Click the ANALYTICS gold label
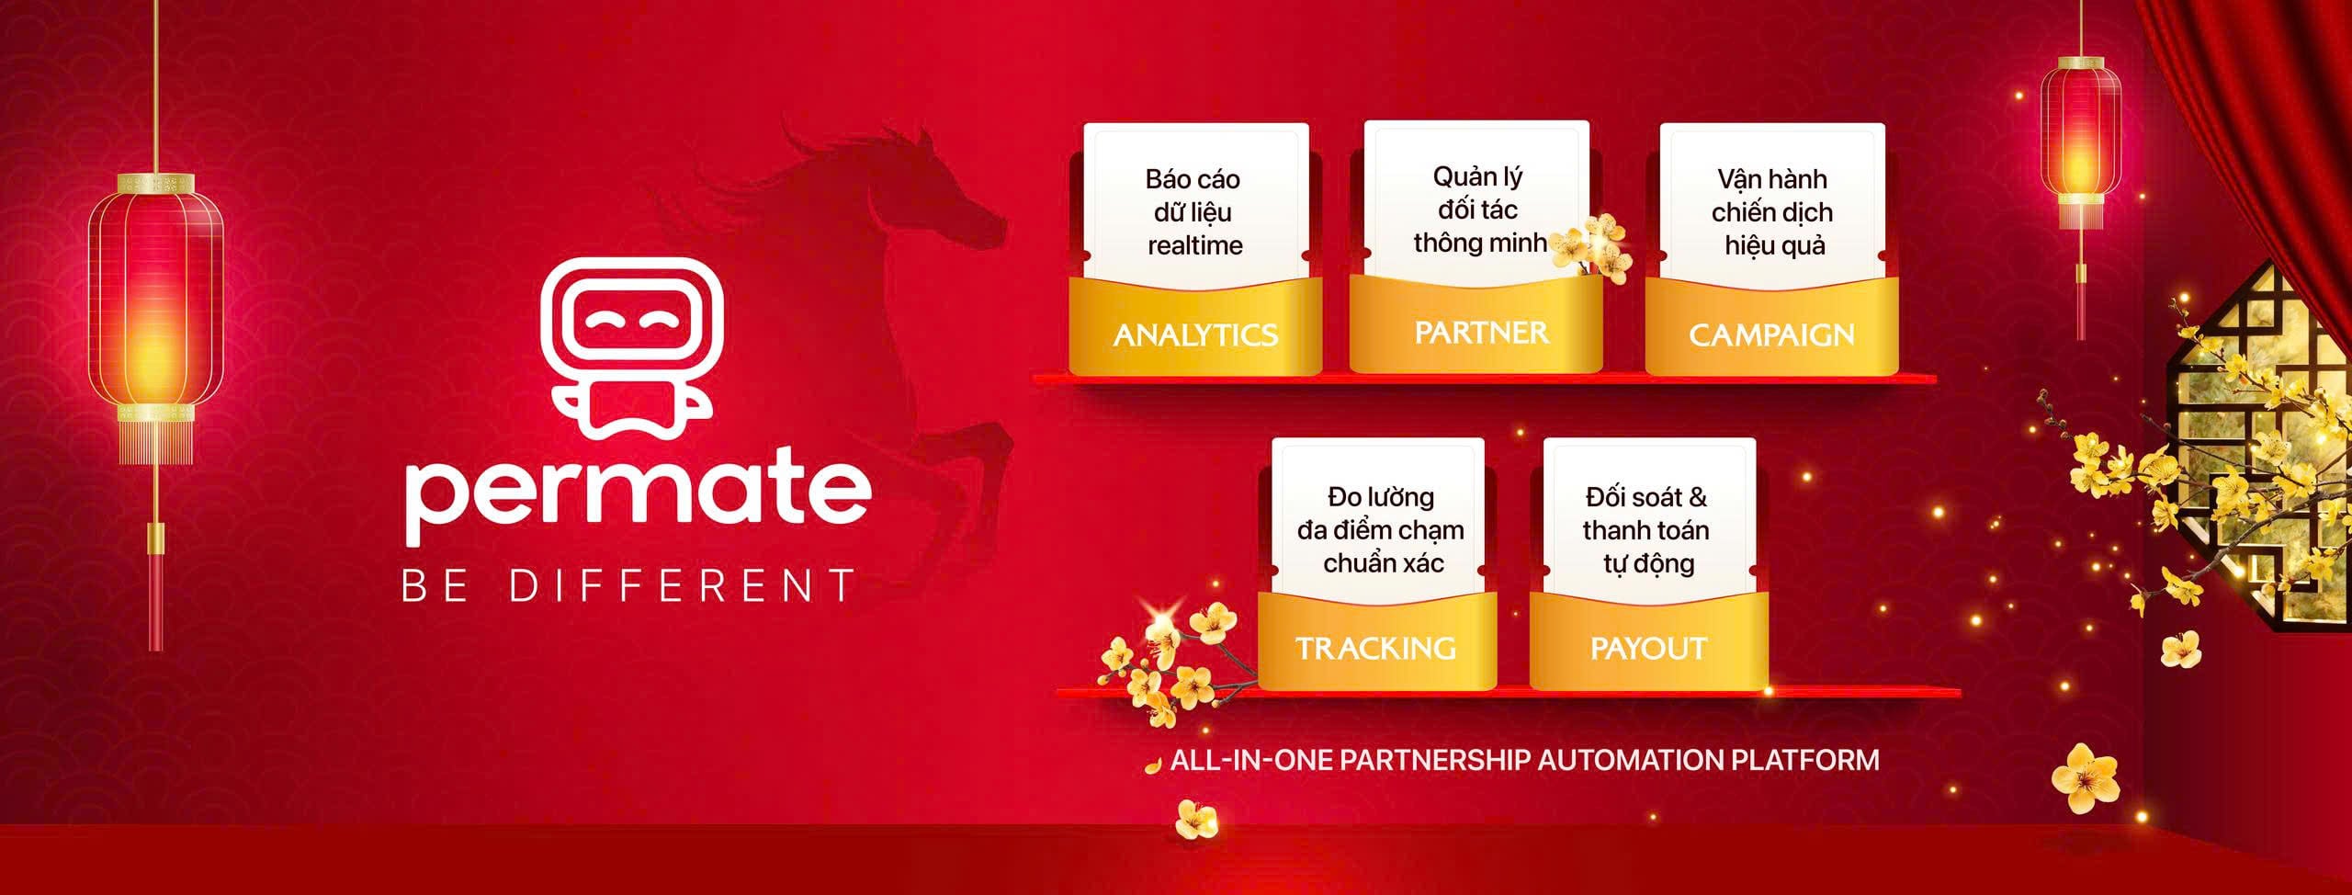(1195, 334)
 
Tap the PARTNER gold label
(1481, 332)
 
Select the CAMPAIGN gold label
(1771, 334)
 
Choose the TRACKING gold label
(1375, 649)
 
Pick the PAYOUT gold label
(1648, 649)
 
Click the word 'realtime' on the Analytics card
(1194, 245)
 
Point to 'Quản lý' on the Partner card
(1477, 177)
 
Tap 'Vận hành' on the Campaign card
(1772, 178)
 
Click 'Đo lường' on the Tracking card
(1380, 497)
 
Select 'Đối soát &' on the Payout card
(1646, 497)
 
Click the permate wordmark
(638, 495)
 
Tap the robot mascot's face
(631, 322)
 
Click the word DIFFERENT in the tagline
(683, 586)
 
